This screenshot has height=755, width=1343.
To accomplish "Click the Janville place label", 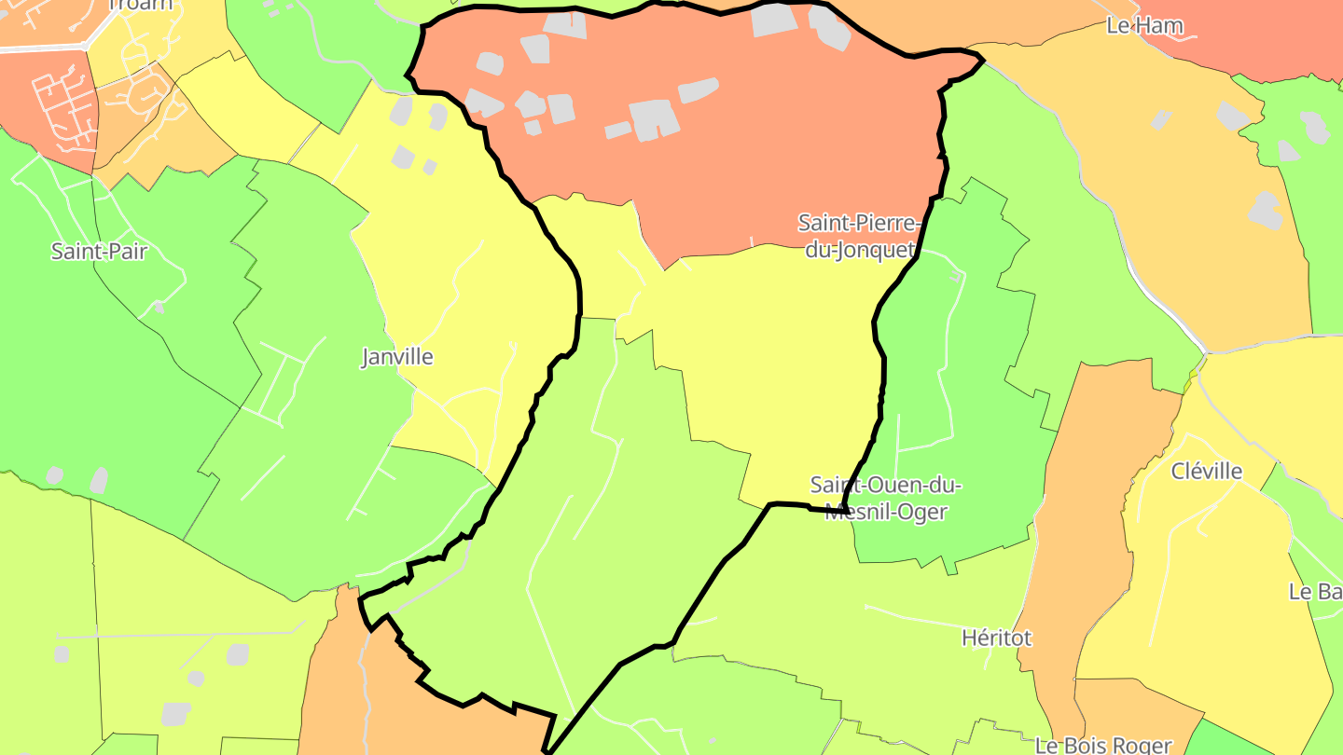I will (397, 357).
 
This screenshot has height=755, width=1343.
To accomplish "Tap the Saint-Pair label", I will (99, 252).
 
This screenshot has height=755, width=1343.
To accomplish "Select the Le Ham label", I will (1144, 26).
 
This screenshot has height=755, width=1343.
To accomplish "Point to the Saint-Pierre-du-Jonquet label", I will (859, 237).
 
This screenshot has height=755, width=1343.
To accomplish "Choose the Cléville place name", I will (1207, 472).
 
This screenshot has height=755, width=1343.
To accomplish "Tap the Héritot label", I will (997, 638).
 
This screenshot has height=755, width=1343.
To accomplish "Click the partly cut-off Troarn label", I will (141, 5).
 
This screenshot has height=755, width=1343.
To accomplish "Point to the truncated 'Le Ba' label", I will (1315, 592).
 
